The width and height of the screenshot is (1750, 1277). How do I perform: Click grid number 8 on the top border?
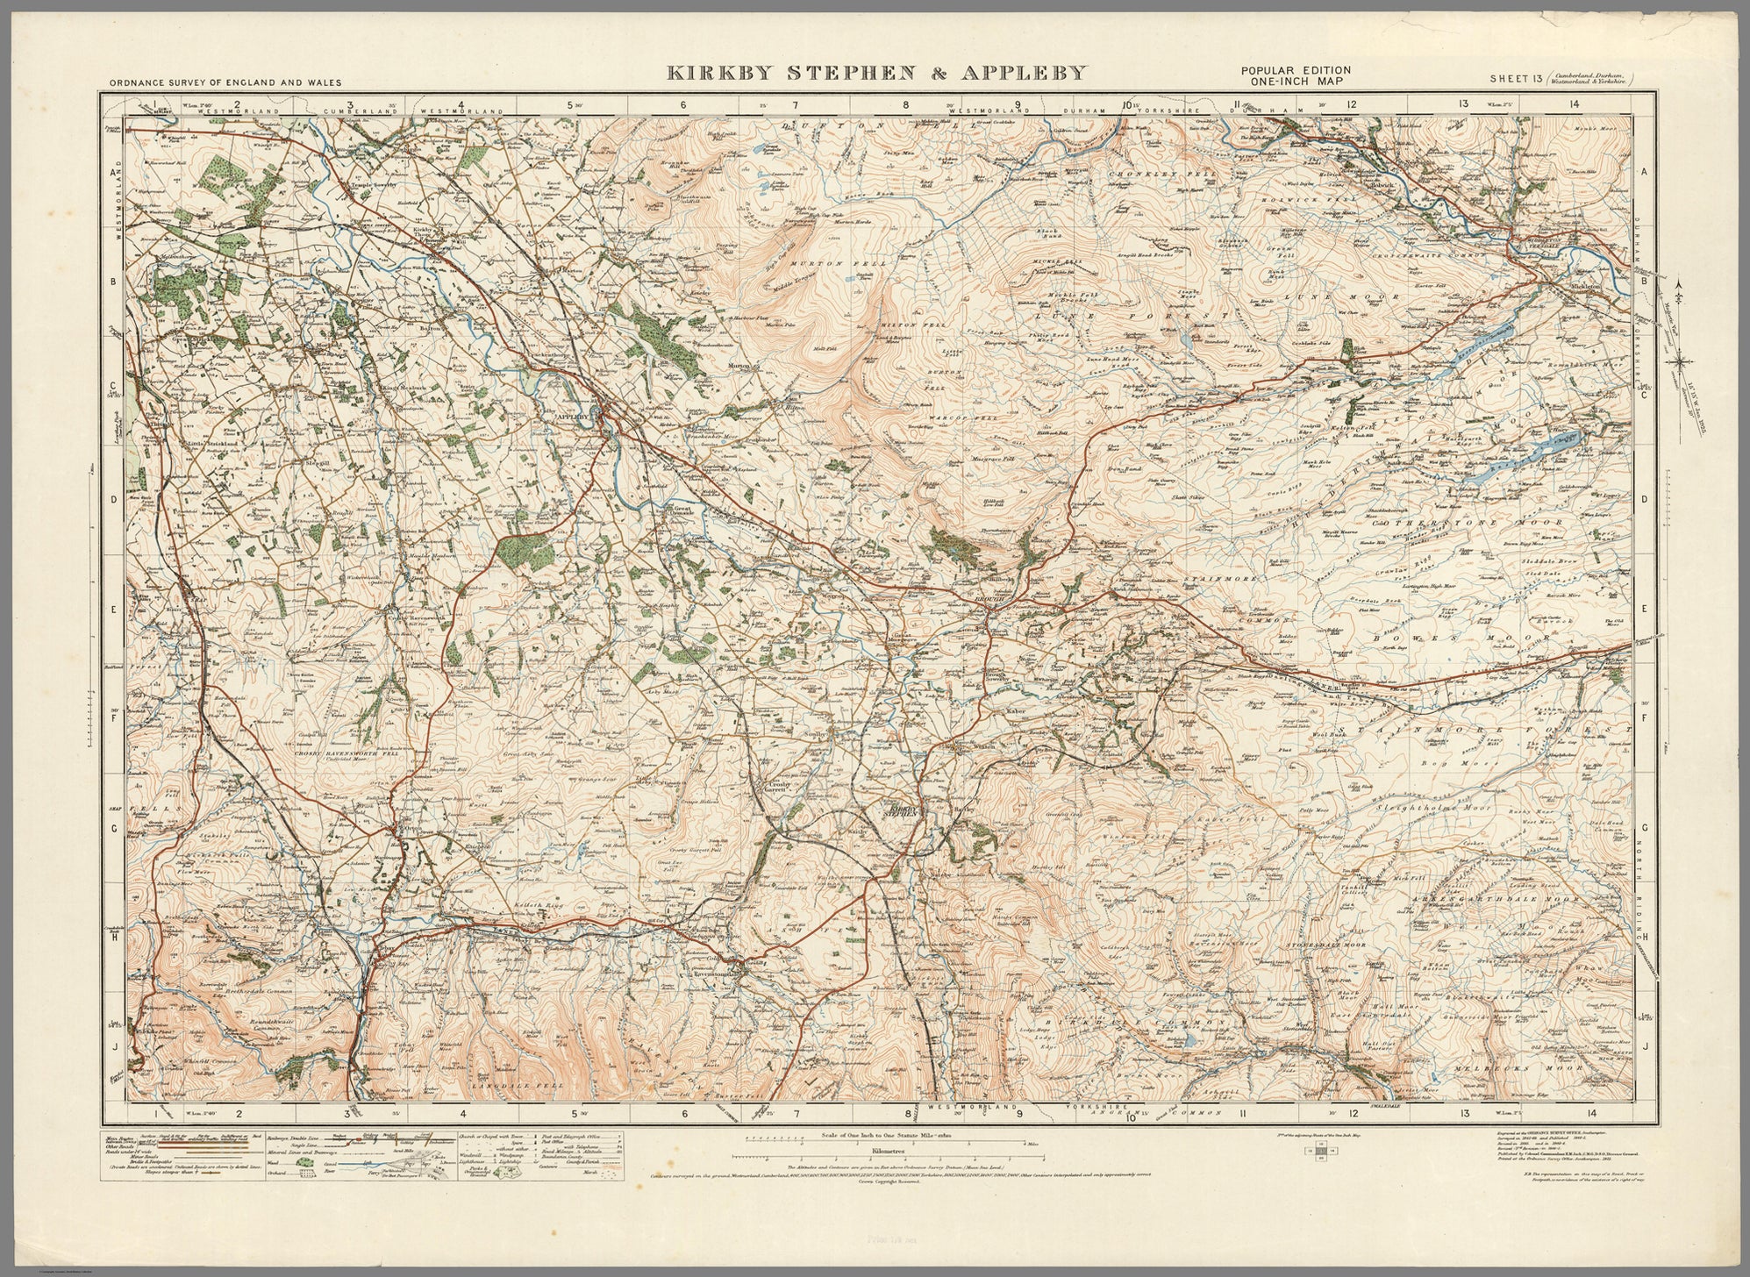[x=907, y=106]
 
